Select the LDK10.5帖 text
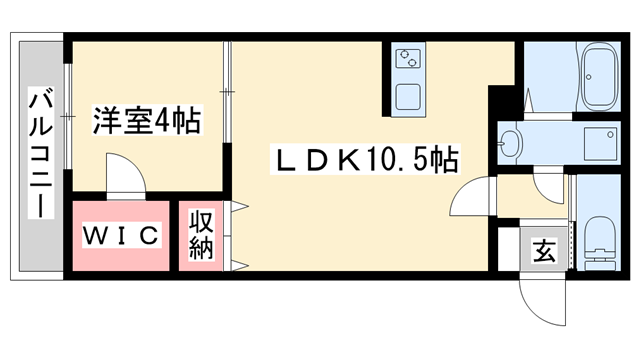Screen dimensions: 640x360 [x=365, y=158]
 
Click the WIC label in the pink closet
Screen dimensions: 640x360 [x=121, y=236]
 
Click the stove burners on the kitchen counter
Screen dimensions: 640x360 [x=409, y=65]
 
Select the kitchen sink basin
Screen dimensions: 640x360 [x=408, y=98]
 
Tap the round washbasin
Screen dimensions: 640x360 [x=510, y=142]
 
